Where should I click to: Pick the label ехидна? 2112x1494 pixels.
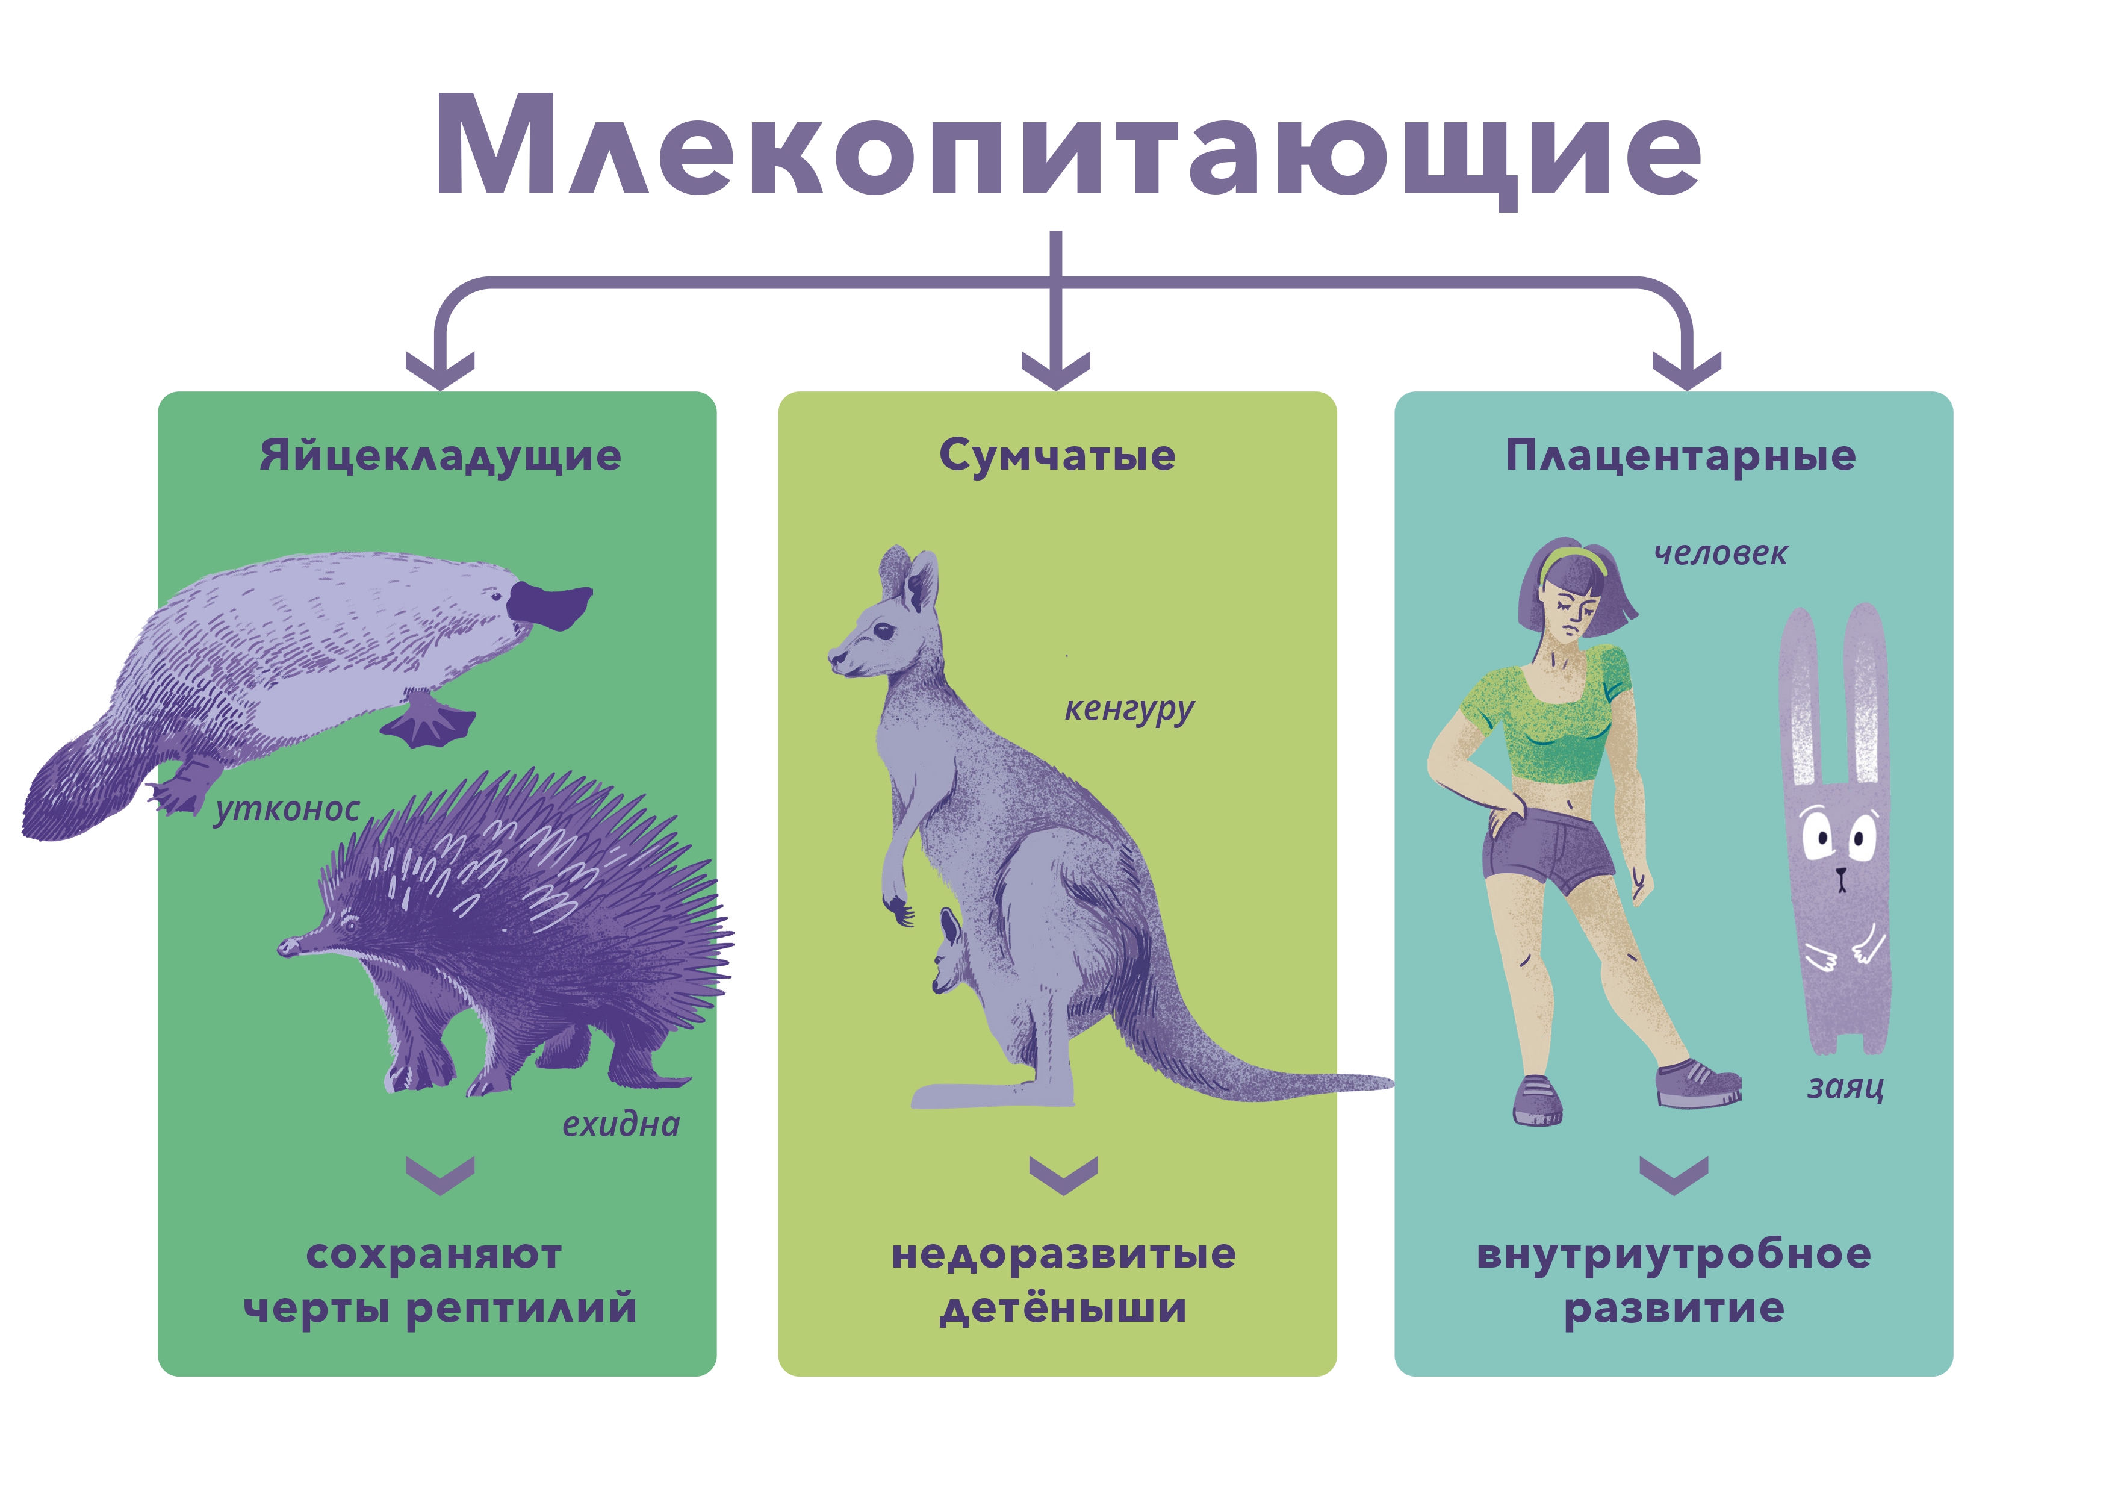click(x=621, y=1123)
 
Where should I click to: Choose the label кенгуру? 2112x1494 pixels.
click(x=1129, y=710)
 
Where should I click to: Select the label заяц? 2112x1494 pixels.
click(x=1845, y=1088)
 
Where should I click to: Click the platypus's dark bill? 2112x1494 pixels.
click(x=550, y=605)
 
